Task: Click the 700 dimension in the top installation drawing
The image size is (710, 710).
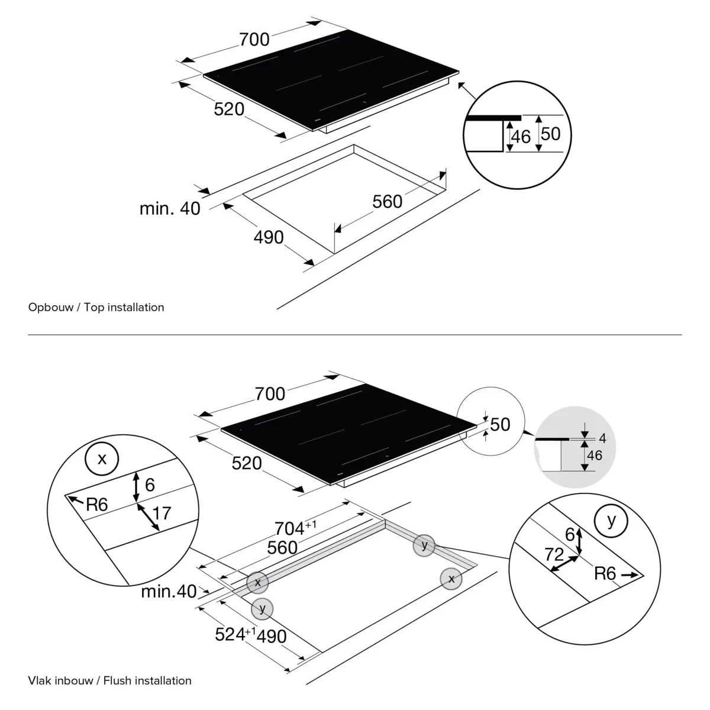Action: click(254, 39)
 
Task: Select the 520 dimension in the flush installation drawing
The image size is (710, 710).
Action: click(246, 463)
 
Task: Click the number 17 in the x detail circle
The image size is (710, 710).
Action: click(162, 512)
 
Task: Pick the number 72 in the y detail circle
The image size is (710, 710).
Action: click(554, 554)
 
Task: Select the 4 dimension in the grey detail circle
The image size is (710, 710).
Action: click(602, 438)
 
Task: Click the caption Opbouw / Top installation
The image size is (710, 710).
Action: click(96, 307)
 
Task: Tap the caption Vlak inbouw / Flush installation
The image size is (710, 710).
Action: click(109, 680)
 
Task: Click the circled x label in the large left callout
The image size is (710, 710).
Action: click(102, 458)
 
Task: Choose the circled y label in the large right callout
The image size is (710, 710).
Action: click(612, 521)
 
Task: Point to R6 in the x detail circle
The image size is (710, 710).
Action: click(96, 505)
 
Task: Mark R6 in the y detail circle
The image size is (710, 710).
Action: click(605, 573)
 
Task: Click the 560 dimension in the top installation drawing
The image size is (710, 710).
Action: click(387, 202)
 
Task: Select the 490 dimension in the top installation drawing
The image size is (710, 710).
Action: click(269, 237)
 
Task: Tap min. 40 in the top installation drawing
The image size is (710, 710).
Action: click(170, 208)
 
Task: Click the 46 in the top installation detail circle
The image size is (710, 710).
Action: click(521, 137)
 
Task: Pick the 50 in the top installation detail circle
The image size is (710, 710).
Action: click(550, 134)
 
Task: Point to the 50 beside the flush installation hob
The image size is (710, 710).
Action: click(500, 424)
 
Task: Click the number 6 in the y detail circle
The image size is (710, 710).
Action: click(570, 534)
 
